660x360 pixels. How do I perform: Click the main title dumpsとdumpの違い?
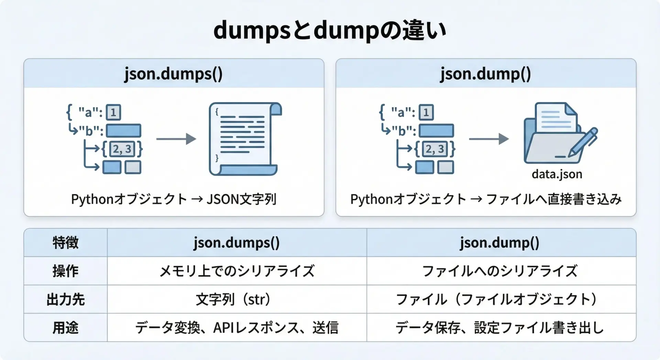(330, 30)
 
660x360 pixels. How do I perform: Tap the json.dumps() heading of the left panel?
(174, 74)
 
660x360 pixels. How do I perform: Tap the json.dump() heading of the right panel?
(486, 74)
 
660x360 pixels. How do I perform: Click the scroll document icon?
(245, 139)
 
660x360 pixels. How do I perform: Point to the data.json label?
(557, 174)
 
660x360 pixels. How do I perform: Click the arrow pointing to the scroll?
(176, 139)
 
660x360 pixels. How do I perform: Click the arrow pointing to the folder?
(489, 139)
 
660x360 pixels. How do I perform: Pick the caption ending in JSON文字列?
(174, 199)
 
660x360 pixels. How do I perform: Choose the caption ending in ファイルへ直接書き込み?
(486, 199)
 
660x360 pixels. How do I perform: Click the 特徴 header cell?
(66, 243)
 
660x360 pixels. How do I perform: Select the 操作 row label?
(66, 271)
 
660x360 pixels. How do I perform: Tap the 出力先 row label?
(66, 299)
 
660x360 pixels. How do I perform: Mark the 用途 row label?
(66, 328)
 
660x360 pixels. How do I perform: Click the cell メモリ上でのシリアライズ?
(237, 271)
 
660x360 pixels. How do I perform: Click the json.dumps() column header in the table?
(237, 243)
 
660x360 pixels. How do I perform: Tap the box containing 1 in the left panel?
(113, 112)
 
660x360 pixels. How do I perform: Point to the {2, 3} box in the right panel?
(435, 149)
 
